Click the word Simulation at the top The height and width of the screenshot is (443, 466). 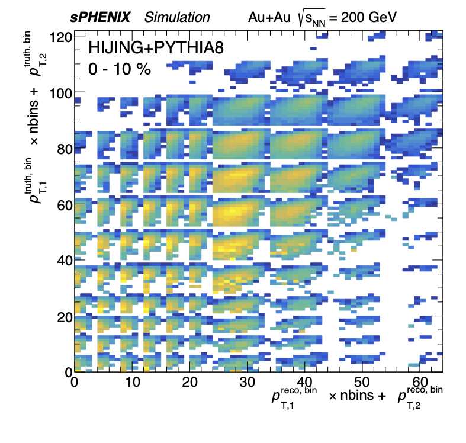177,18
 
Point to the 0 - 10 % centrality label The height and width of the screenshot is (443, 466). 120,69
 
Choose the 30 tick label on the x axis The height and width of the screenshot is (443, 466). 246,383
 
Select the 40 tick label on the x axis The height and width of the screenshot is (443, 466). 304,383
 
